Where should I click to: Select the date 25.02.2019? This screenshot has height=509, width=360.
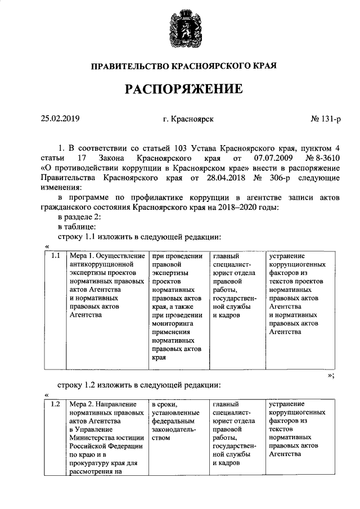pyautogui.click(x=60, y=119)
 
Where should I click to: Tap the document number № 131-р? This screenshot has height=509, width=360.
pyautogui.click(x=326, y=119)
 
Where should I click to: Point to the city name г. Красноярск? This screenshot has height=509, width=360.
pyautogui.click(x=188, y=119)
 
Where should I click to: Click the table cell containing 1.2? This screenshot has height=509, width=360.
pyautogui.click(x=55, y=404)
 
